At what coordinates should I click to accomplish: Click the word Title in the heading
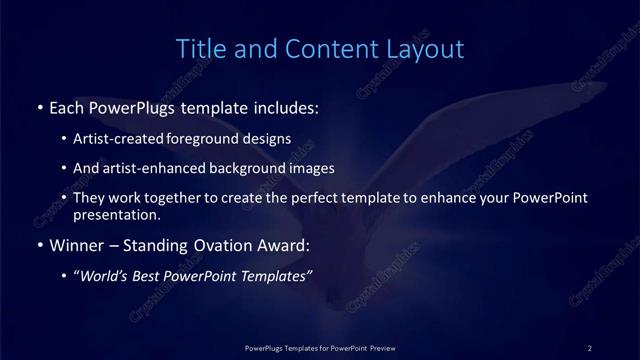198,48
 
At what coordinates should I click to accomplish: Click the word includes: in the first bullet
287,106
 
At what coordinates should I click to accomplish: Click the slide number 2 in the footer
590,347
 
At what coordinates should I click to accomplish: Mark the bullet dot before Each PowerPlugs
38,107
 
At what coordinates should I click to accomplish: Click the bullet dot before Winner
38,245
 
